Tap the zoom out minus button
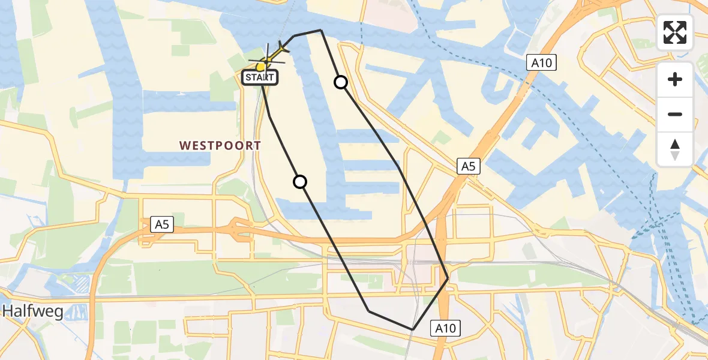[675, 114]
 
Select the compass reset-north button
[675, 149]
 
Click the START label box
[259, 77]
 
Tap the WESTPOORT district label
[220, 145]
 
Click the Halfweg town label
[32, 311]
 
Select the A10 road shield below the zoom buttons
[542, 62]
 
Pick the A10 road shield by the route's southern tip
[446, 328]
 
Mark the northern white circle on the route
[341, 82]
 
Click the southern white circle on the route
[300, 181]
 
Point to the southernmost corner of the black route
[412, 329]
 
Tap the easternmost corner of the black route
[448, 278]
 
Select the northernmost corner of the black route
[321, 30]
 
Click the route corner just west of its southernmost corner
[369, 311]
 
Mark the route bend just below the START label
[269, 116]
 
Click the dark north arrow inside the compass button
[675, 144]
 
